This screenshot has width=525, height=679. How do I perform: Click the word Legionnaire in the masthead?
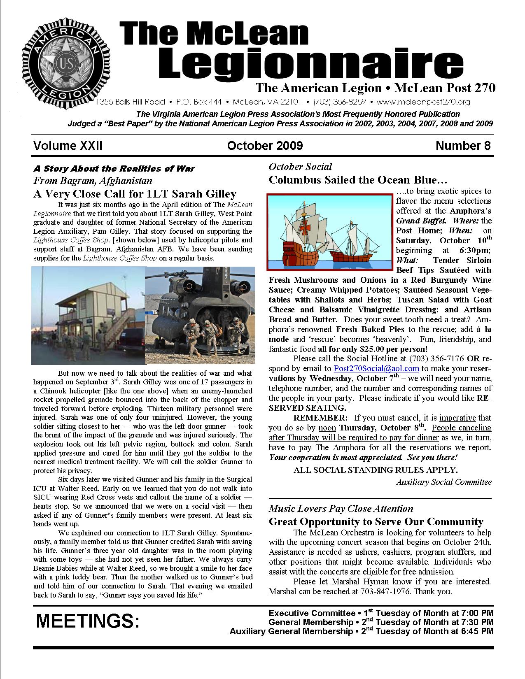(310, 63)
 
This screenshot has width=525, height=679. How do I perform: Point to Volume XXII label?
(68, 146)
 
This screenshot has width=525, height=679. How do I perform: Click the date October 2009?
(264, 146)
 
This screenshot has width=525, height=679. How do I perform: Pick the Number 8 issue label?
(463, 146)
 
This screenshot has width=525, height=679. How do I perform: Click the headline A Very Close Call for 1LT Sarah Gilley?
(135, 194)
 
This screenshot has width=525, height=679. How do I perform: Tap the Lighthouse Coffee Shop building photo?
(88, 315)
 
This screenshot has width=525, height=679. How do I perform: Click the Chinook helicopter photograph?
(200, 315)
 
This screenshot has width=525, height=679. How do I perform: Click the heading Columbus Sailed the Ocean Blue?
(358, 180)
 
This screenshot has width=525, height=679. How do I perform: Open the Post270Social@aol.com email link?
(376, 368)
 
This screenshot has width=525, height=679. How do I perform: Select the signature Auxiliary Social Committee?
(444, 482)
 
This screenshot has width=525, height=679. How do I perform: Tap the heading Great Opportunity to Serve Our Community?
(376, 522)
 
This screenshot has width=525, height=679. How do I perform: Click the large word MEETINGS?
(88, 621)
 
